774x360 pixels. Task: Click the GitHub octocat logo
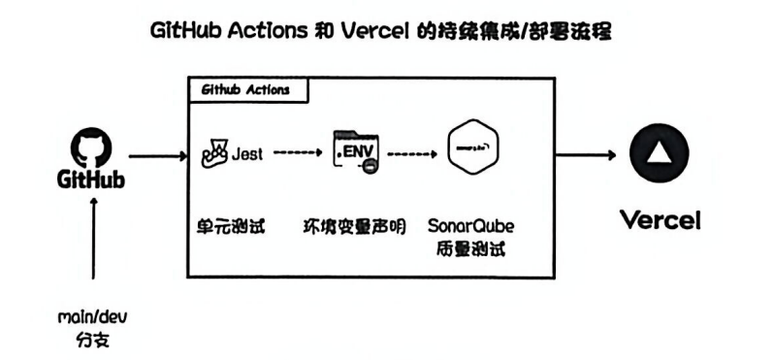(x=93, y=149)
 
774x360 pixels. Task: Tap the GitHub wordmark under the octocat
(x=93, y=181)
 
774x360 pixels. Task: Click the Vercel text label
(x=660, y=219)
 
